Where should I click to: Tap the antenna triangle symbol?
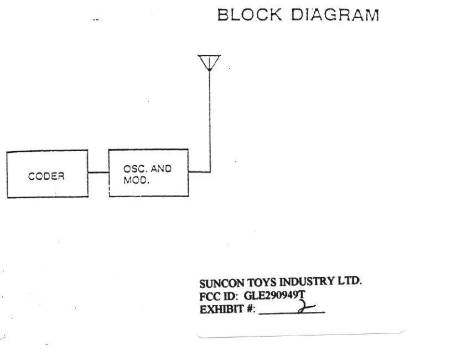[x=209, y=61]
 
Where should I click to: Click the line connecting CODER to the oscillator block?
[x=98, y=172]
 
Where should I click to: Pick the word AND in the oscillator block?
[x=160, y=171]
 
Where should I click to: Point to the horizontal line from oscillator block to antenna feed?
[x=199, y=172]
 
